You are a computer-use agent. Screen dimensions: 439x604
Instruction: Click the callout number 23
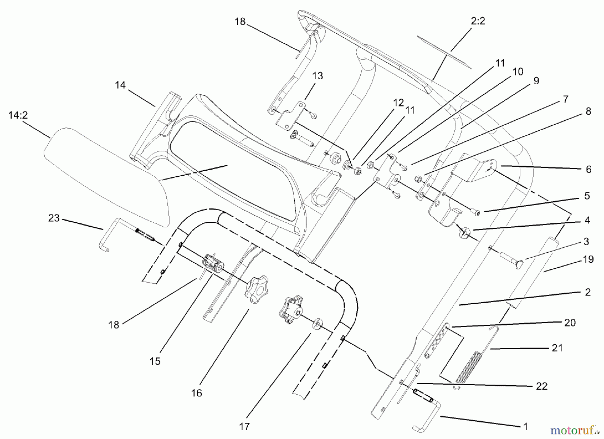point(54,218)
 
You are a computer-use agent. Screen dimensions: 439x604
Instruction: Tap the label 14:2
point(18,115)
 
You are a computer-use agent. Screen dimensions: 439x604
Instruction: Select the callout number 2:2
point(478,21)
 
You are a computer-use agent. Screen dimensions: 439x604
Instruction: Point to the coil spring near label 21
point(469,366)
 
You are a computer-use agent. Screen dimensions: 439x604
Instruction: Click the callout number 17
point(245,427)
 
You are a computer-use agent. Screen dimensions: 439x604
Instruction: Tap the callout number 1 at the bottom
point(525,427)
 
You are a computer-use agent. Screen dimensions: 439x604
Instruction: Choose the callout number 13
point(317,76)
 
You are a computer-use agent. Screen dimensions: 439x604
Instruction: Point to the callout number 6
point(589,169)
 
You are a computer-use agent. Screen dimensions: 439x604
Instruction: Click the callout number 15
point(155,361)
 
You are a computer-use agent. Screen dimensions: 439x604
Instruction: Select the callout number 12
point(399,103)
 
